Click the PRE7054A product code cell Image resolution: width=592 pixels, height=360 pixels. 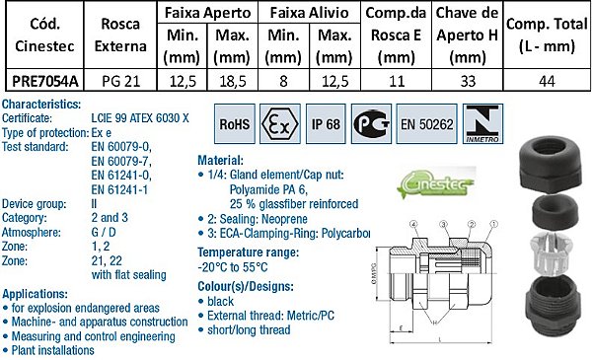coord(42,82)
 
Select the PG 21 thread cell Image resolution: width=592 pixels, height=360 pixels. coord(111,82)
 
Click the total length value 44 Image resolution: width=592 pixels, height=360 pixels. coord(547,82)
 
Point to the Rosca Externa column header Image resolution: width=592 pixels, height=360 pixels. coord(112,35)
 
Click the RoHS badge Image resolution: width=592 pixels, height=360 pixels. coord(234,126)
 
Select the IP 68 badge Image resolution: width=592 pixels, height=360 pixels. coord(328,126)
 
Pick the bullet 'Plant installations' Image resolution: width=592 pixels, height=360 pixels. coord(53,350)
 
